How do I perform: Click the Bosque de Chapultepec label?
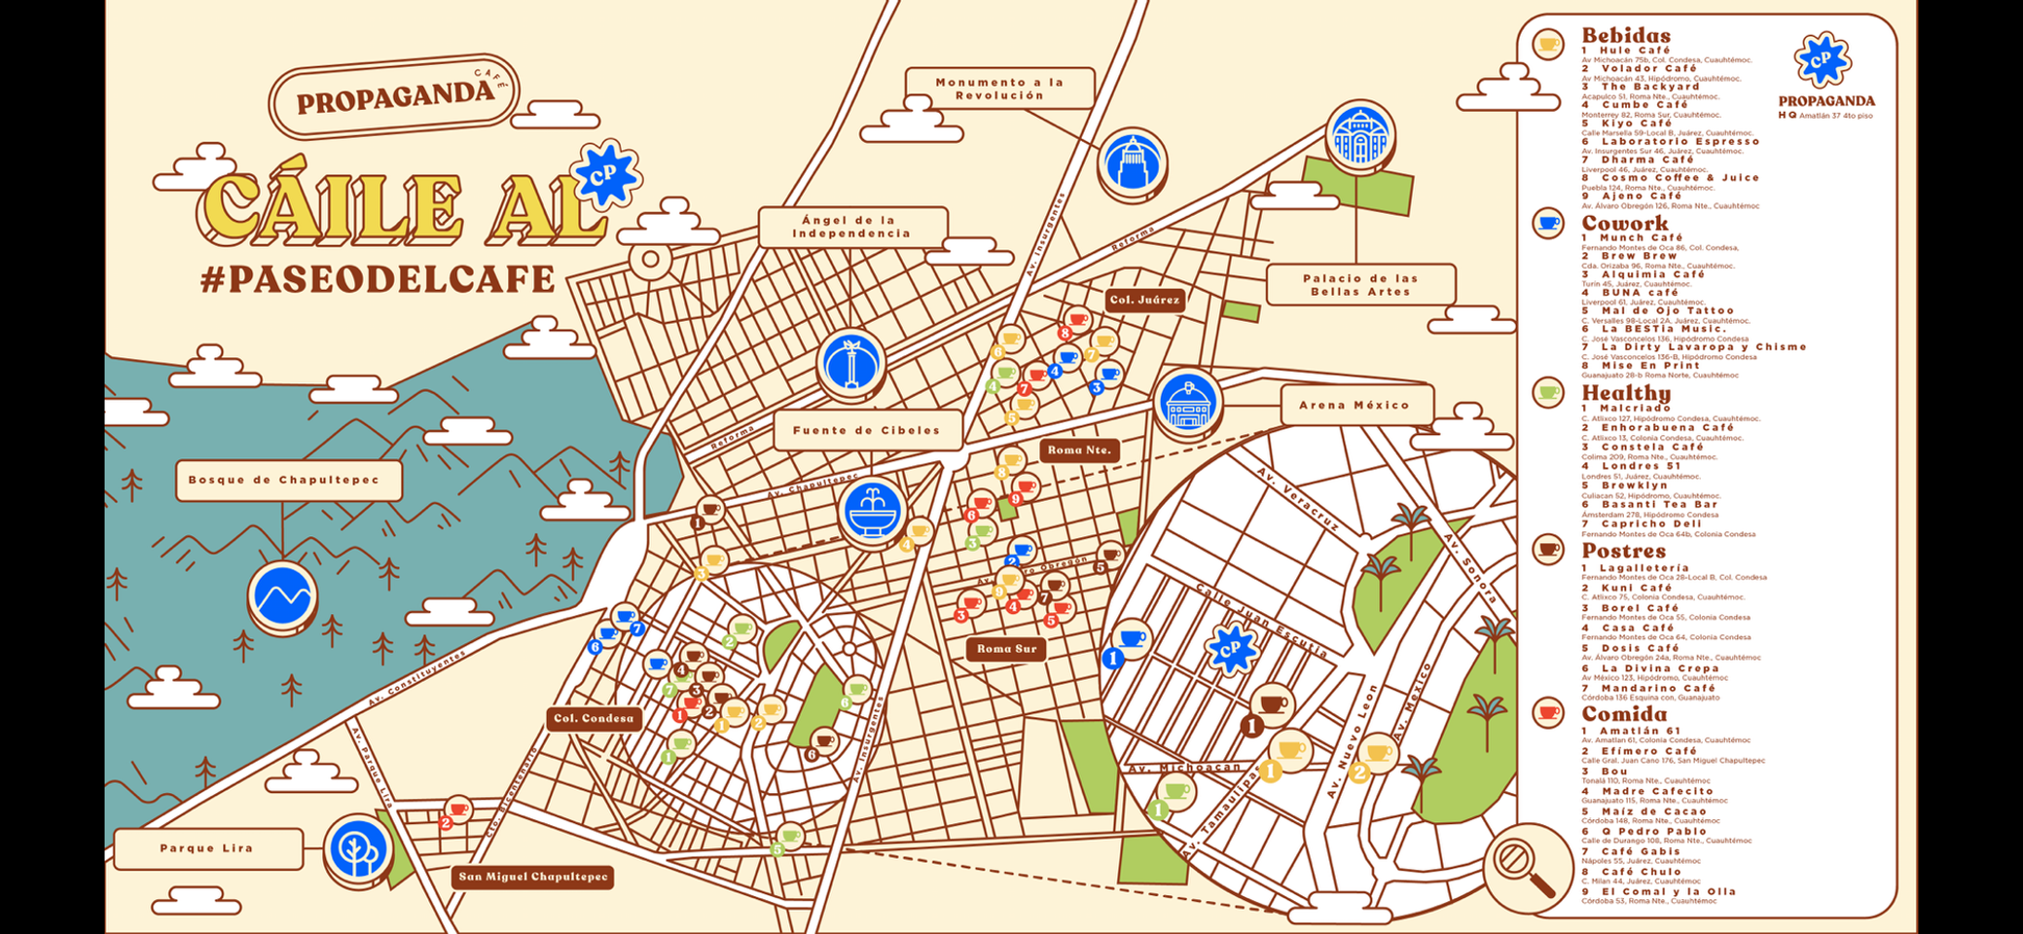289,480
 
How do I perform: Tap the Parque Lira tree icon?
358,850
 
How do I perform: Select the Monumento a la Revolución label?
999,89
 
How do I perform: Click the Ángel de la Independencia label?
851,227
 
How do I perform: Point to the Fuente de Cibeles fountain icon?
873,510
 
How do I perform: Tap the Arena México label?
1355,405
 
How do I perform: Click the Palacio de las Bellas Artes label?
1359,285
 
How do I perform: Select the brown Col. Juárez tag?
1145,300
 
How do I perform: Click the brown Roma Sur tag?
1006,649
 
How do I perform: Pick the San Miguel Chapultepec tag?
533,877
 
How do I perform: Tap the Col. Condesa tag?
594,718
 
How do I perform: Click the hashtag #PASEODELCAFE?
378,279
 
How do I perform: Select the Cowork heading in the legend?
1624,224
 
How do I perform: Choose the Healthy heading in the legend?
1625,393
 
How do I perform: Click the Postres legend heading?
1623,551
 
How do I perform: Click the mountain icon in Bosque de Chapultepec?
282,594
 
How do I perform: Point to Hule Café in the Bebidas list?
1635,51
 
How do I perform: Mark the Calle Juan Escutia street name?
1260,620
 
